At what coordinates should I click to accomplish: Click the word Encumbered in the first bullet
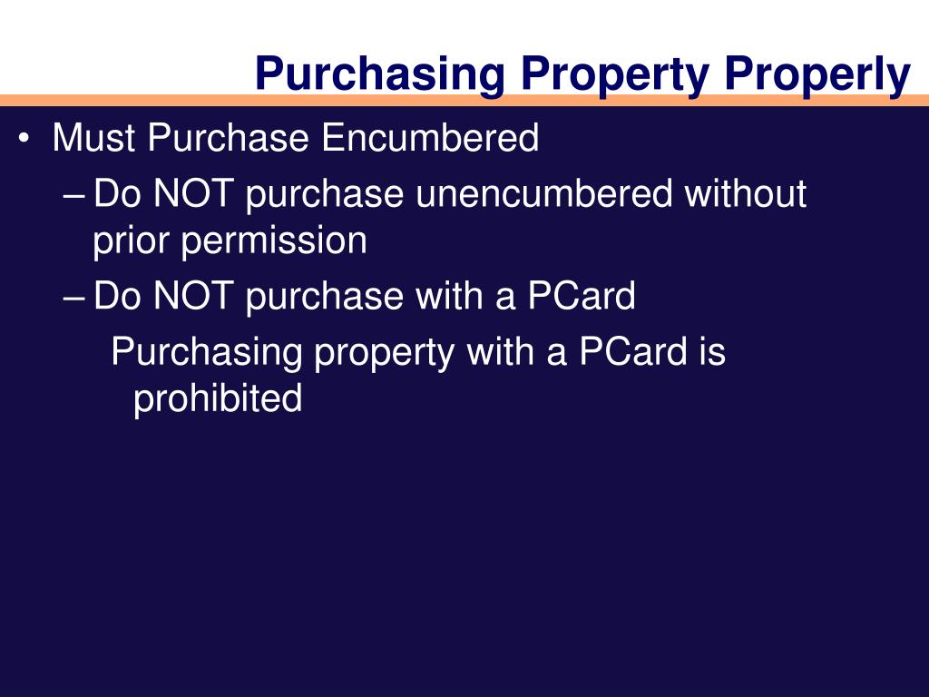click(x=430, y=139)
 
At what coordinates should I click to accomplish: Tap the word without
click(x=745, y=194)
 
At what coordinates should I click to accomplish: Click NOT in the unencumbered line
click(x=193, y=194)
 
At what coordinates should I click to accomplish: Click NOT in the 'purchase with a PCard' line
click(x=193, y=297)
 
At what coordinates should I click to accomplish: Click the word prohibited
click(x=218, y=399)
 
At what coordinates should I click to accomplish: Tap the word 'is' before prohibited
click(x=712, y=352)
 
